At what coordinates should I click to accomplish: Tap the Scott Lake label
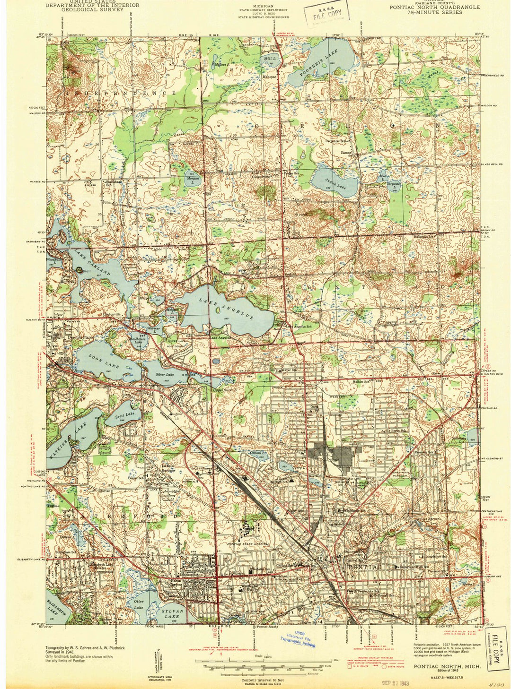pos(124,415)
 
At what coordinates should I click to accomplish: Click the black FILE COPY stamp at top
pos(327,13)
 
